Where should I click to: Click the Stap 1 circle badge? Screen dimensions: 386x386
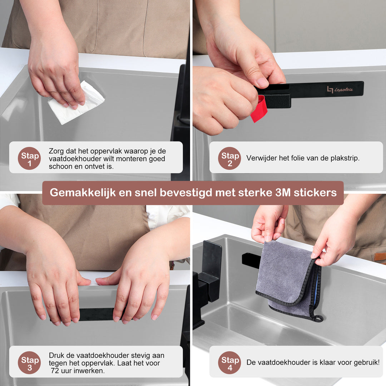tap(29, 158)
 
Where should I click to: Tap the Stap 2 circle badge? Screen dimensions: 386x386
tap(229, 158)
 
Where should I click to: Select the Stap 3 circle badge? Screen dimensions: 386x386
tap(29, 362)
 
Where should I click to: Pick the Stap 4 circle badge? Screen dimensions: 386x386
tap(229, 362)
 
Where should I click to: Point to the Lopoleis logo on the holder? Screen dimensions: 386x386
tap(340, 89)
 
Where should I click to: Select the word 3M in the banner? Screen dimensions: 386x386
tap(283, 193)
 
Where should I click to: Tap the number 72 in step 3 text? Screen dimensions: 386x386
tap(56, 371)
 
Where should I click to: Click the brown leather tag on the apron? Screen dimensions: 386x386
tap(380, 257)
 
